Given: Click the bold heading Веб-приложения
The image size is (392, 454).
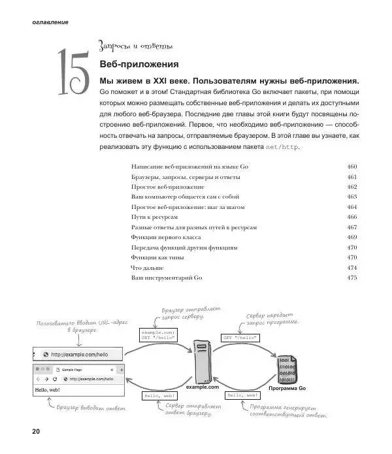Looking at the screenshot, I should tap(139, 65).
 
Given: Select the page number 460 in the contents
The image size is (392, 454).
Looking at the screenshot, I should tap(351, 167).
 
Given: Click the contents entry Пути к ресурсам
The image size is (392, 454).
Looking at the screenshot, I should tap(155, 216).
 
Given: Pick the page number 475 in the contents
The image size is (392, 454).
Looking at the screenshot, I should tap(351, 278).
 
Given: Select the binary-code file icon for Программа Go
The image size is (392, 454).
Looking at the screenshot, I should tap(287, 369).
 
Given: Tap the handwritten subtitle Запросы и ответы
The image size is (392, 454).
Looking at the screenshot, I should tap(135, 46).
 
